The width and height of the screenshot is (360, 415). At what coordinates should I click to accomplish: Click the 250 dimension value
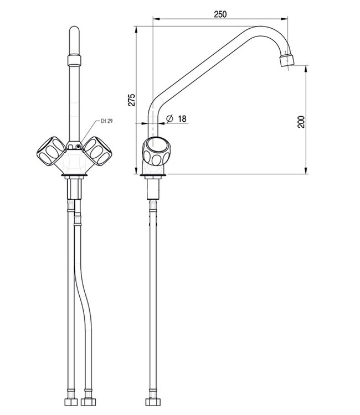(220, 15)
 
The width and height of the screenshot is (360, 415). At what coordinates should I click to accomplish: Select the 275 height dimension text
(131, 100)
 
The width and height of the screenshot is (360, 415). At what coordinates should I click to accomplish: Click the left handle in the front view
(50, 150)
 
